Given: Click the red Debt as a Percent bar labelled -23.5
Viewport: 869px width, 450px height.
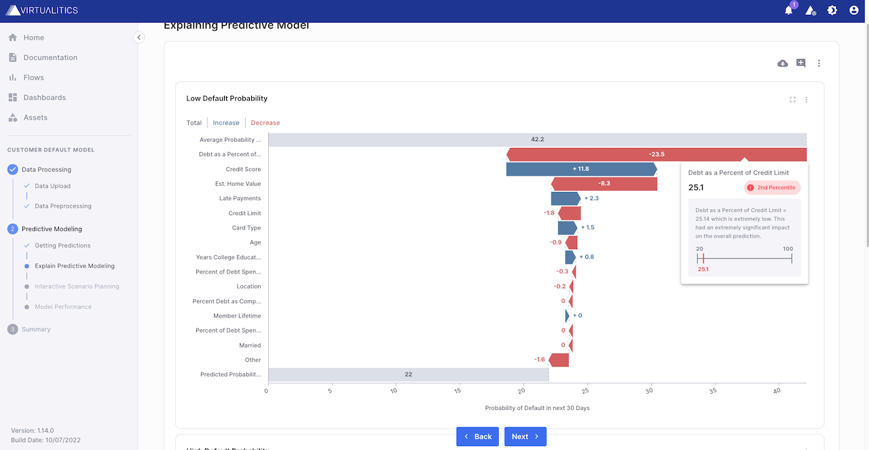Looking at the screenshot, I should (x=656, y=155).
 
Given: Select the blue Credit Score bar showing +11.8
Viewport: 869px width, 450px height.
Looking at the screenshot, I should (x=581, y=169).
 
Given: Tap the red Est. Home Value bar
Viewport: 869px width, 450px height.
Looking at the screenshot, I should (x=604, y=184).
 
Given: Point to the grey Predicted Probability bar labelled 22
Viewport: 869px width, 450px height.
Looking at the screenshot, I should (x=408, y=375).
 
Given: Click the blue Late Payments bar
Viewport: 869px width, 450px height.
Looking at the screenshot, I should (x=565, y=199).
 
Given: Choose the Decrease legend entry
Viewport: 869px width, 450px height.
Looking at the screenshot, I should (x=265, y=123).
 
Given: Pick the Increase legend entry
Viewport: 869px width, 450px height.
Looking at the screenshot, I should (x=226, y=123).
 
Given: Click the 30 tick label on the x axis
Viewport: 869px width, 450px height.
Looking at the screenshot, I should (x=650, y=391).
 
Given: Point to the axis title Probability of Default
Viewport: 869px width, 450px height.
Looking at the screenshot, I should (x=537, y=408).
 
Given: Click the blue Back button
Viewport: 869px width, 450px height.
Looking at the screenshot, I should (x=477, y=436).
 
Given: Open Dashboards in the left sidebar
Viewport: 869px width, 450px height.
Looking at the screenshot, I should (x=44, y=98).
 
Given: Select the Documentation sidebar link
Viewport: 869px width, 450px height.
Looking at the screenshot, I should (x=50, y=58).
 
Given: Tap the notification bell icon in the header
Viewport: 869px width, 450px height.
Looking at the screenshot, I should (x=788, y=10).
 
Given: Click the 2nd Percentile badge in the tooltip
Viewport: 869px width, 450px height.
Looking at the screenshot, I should (x=773, y=187).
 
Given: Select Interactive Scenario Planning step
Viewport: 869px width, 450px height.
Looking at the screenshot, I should (x=77, y=286).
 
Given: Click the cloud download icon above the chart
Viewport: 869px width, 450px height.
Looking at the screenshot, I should (x=783, y=63).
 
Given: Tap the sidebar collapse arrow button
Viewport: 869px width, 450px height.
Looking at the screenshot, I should (x=139, y=37).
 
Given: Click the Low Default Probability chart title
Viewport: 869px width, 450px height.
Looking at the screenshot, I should (x=227, y=99).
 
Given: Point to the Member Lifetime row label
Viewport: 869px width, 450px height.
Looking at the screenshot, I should (x=237, y=316).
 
